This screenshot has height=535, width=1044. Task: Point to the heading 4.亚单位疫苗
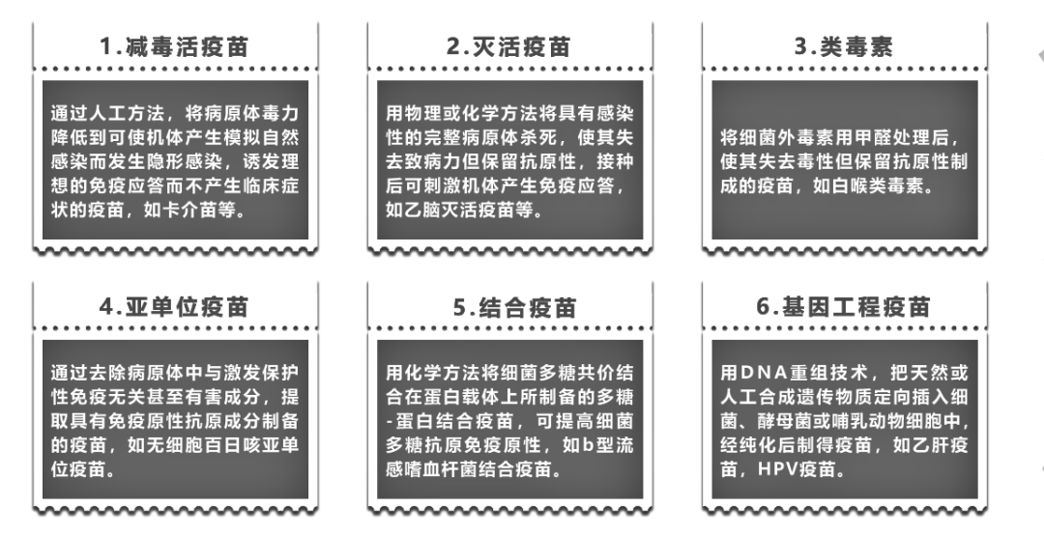(x=174, y=306)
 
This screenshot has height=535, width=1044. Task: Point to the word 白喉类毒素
(x=875, y=185)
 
